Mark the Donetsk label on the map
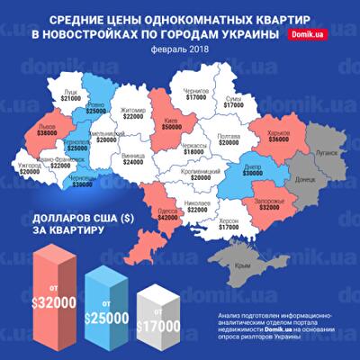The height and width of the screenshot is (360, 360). (304, 178)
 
